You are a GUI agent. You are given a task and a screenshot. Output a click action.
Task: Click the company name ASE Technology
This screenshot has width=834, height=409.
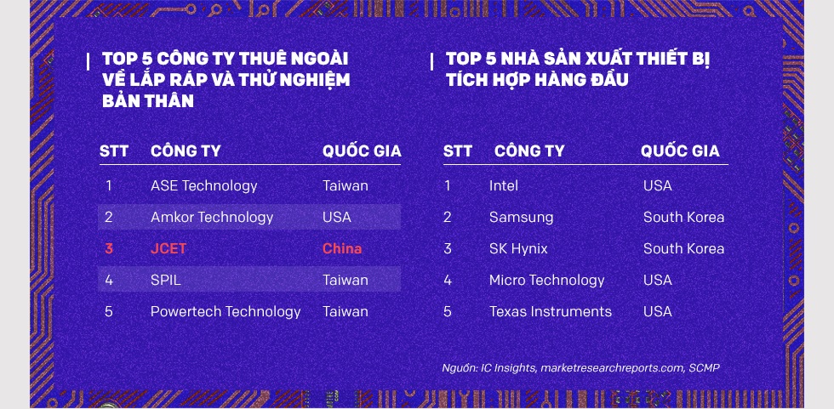coord(203,186)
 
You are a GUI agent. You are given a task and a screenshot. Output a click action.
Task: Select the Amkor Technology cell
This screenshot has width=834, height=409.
coord(212,217)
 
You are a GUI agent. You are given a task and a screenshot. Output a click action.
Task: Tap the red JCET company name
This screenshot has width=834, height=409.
coord(169,248)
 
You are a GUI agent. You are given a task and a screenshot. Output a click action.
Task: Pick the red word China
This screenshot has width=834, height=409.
coord(342,248)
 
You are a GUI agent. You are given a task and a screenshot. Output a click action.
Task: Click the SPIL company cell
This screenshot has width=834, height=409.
coord(165,280)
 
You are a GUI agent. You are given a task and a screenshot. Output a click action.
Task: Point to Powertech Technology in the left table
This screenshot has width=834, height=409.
coord(226,311)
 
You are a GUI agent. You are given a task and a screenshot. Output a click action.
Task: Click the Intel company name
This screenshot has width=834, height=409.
coord(504,186)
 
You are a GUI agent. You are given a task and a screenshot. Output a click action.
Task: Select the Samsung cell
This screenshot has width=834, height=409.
coord(521,217)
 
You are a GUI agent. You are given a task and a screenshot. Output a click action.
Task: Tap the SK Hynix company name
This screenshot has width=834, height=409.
coord(518,248)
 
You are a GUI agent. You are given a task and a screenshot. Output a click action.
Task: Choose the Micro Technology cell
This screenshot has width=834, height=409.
coord(546,280)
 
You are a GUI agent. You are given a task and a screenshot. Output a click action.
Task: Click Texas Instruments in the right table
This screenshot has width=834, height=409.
coord(551,311)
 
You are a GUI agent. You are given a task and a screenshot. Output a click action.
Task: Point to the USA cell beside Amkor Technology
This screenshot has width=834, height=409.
coord(337,217)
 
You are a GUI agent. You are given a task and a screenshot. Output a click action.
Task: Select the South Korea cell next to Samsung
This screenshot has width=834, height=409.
coord(683,217)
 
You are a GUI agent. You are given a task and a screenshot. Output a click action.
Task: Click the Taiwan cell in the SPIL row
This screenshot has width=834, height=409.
coord(346,280)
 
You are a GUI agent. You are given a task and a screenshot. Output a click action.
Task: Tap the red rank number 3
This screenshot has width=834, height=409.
coord(109,248)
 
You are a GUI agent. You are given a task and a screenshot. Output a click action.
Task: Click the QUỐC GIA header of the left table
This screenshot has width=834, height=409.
coord(362,151)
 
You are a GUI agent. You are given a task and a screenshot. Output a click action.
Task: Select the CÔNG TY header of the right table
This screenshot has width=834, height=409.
coord(529,151)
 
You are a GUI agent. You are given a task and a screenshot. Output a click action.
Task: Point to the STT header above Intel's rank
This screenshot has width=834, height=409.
coord(458,151)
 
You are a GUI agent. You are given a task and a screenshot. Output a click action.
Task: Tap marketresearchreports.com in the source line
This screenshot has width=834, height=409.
coord(613,367)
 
